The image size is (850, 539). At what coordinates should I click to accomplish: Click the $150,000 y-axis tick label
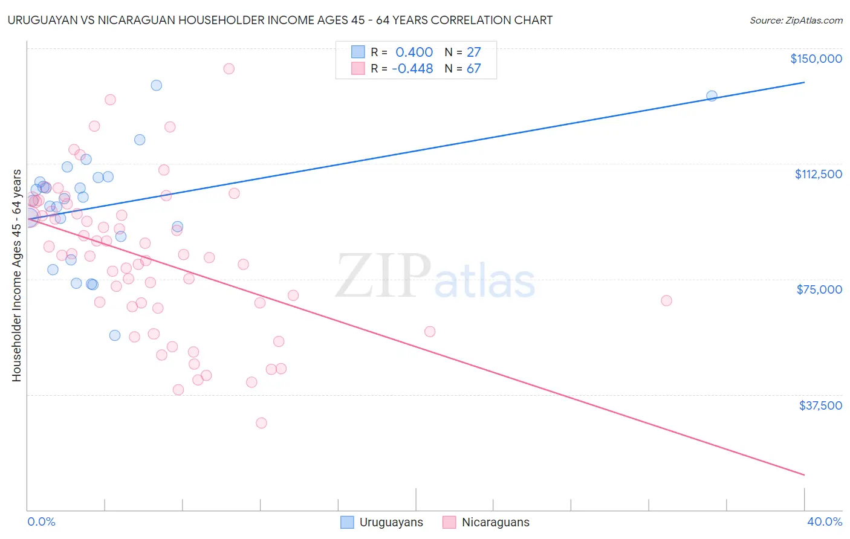816,59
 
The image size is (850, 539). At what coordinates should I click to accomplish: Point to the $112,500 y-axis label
818,174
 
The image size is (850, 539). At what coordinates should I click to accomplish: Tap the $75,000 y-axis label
819,289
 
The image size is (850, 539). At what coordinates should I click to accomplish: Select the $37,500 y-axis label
820,405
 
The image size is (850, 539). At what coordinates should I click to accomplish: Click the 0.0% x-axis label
41,521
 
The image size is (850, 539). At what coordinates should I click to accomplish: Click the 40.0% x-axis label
824,521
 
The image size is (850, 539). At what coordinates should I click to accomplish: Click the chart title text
280,20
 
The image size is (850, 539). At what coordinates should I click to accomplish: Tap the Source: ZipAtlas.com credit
796,20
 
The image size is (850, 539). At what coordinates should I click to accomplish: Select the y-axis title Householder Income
16,276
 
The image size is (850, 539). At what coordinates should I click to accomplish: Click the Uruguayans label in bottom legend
391,522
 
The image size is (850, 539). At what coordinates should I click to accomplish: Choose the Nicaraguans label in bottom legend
495,522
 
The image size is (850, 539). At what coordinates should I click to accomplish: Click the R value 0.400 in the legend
414,52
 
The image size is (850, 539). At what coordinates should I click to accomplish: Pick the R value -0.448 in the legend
412,68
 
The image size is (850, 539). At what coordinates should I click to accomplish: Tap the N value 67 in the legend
473,68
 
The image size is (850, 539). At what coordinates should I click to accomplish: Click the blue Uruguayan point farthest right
712,95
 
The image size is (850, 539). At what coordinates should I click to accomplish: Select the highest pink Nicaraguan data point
229,68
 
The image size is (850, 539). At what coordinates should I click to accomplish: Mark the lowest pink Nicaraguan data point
261,423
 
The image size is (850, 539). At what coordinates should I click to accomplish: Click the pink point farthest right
666,300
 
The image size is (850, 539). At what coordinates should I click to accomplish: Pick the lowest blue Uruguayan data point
115,335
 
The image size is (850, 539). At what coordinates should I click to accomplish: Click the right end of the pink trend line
804,475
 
